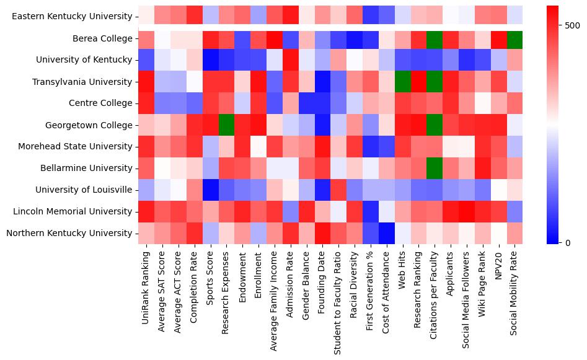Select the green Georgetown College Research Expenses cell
[x=226, y=125]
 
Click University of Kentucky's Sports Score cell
[x=210, y=60]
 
